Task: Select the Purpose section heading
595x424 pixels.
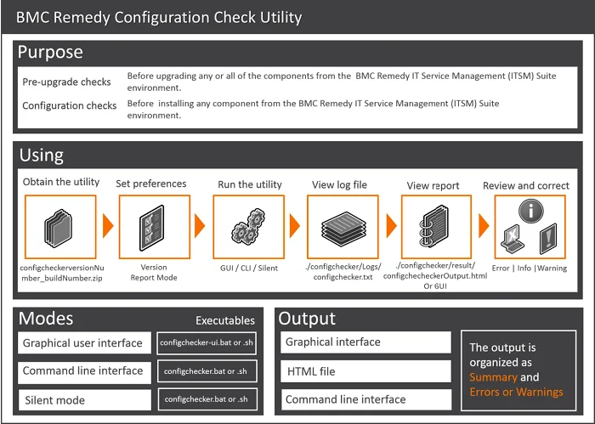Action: click(x=51, y=52)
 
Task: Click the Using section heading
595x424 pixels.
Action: click(x=41, y=155)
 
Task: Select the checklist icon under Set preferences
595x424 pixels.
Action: click(x=153, y=227)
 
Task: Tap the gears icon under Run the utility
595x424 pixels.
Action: click(x=246, y=227)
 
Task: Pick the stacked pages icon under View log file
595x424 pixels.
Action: click(x=342, y=227)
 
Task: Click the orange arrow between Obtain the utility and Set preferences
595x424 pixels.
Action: click(x=108, y=227)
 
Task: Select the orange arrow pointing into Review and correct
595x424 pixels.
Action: click(x=484, y=227)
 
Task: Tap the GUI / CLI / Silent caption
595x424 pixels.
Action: click(x=246, y=267)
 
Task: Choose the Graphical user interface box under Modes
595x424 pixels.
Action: click(x=83, y=344)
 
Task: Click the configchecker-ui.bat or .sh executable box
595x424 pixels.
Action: click(x=207, y=344)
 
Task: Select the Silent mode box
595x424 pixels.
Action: click(x=83, y=399)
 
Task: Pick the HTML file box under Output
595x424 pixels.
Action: click(x=366, y=371)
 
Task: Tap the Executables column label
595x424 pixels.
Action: click(x=224, y=320)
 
